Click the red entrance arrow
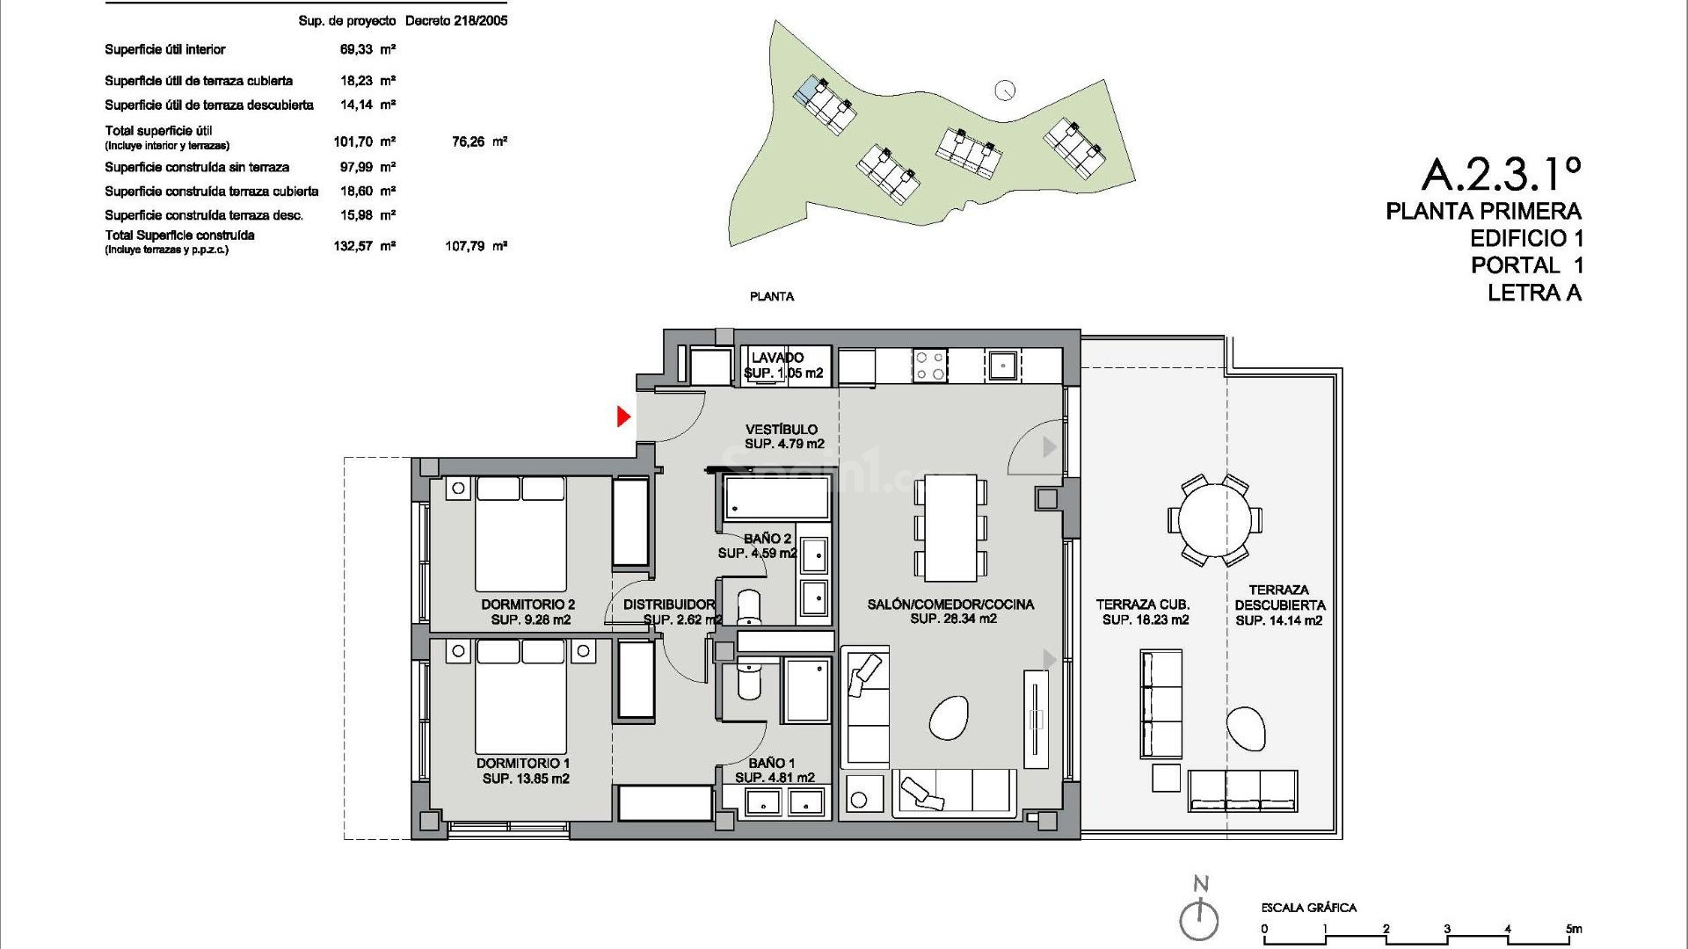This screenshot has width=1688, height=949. [x=624, y=417]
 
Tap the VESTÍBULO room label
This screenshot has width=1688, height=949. [x=782, y=437]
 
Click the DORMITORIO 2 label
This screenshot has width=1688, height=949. [x=528, y=612]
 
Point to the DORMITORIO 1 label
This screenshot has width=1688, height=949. [x=523, y=771]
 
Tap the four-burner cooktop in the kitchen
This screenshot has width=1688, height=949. [x=930, y=366]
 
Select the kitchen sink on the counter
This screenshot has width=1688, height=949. [x=1001, y=365]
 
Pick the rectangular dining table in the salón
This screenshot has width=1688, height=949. [x=950, y=527]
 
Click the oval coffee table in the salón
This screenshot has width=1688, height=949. [x=948, y=718]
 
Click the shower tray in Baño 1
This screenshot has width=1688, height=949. [x=806, y=691]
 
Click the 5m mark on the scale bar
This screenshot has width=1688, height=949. [x=1573, y=929]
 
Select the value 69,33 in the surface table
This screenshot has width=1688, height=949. [x=357, y=50]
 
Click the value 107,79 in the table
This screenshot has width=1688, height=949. [x=465, y=247]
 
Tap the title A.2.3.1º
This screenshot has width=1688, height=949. [x=1501, y=174]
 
